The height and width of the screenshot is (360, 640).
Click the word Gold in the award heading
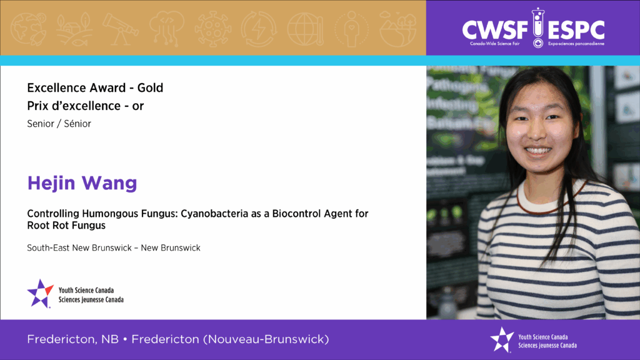coord(150,87)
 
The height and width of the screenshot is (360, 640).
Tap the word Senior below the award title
coord(41,124)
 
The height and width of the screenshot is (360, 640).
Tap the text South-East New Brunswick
coord(79,247)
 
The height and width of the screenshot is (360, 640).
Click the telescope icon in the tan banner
coord(121,29)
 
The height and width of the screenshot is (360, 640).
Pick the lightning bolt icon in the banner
coord(258,29)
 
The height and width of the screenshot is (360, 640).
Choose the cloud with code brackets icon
coord(166,27)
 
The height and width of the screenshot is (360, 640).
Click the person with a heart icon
coord(351,29)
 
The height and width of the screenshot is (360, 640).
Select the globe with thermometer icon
coord(305,29)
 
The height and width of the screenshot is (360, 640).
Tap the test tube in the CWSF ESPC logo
coord(538,27)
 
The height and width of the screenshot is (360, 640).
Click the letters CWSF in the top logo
coord(496,31)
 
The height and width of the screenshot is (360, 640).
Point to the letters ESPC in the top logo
coord(576,31)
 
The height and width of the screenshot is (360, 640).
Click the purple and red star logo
coord(40,294)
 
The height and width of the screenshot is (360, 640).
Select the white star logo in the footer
coord(502,339)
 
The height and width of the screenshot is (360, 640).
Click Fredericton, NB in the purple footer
coord(72,339)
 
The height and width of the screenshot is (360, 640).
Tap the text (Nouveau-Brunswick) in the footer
coord(266,339)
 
